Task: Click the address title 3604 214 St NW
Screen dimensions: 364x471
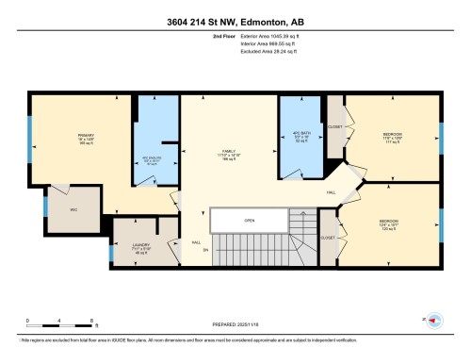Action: (235, 23)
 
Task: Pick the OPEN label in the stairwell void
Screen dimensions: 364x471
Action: (250, 223)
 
